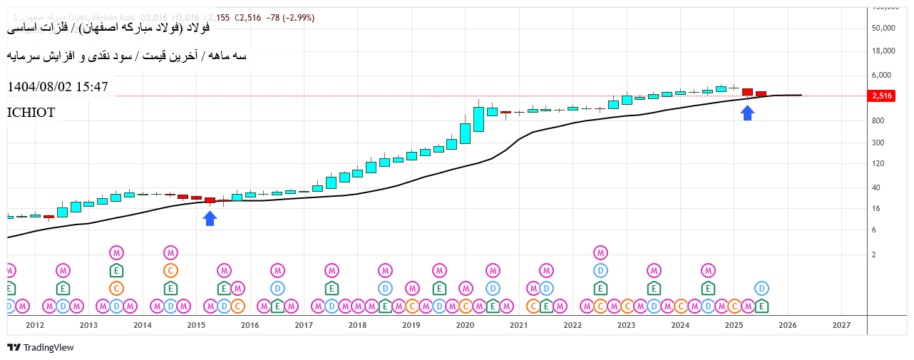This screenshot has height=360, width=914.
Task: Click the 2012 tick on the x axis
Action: click(x=35, y=325)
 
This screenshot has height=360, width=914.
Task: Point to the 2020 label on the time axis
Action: click(x=465, y=325)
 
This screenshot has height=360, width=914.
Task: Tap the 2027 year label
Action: click(x=841, y=325)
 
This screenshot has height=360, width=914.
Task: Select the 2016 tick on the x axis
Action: click(x=250, y=325)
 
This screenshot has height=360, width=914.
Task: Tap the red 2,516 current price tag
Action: click(x=882, y=96)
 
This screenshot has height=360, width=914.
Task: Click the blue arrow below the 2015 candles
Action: click(x=210, y=218)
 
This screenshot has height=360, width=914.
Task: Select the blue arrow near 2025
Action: click(x=747, y=113)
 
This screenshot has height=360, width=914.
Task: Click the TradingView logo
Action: click(x=41, y=347)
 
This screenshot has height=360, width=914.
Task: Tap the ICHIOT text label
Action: click(x=31, y=113)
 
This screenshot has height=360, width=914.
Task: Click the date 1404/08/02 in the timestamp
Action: click(x=38, y=87)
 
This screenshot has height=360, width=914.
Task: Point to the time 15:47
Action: click(x=92, y=87)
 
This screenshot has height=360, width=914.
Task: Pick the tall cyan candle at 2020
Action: click(x=478, y=119)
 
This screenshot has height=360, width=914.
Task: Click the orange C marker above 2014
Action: click(x=170, y=270)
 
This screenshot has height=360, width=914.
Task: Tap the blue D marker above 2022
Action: click(x=601, y=270)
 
